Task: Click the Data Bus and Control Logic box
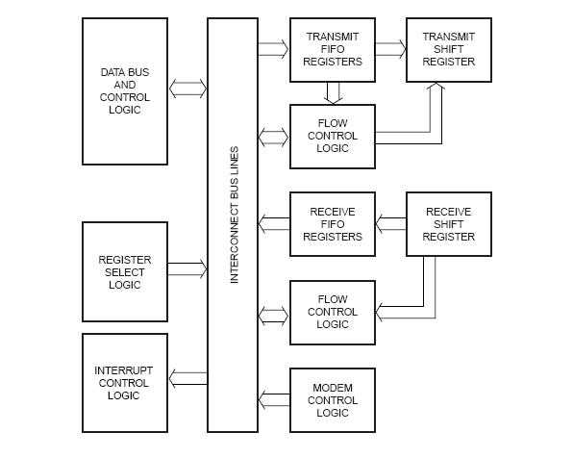click(125, 90)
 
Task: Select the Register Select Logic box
click(125, 272)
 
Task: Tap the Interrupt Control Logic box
click(125, 383)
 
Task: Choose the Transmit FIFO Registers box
click(333, 49)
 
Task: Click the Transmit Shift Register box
click(448, 49)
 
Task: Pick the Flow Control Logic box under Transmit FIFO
click(333, 136)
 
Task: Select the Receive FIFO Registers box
click(333, 224)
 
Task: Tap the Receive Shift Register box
click(448, 224)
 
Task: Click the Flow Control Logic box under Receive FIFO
click(333, 312)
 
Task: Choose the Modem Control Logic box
click(333, 400)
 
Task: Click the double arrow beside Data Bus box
click(187, 89)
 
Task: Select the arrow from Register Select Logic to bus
click(187, 269)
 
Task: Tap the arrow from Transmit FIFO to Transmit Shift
click(390, 44)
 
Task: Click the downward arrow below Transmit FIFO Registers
click(333, 92)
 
